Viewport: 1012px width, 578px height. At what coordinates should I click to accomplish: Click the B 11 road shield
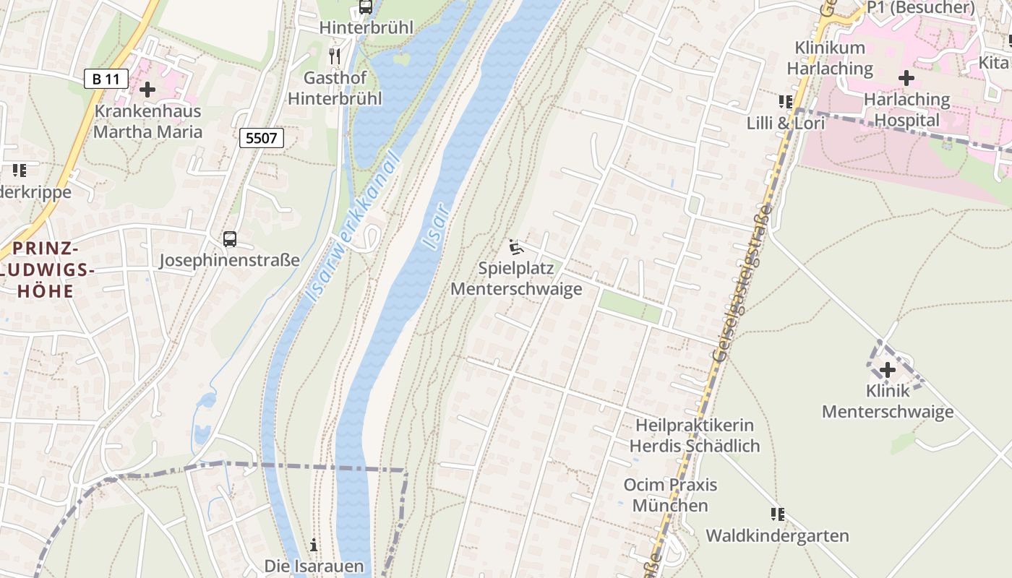coord(106,78)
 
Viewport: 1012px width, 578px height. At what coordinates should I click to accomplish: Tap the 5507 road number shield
coord(261,137)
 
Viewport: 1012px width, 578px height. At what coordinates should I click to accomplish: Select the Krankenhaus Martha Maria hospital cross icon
coord(147,90)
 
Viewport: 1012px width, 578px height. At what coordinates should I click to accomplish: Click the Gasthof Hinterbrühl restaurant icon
coord(334,55)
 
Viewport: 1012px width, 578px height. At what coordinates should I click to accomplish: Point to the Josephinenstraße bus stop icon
coord(229,238)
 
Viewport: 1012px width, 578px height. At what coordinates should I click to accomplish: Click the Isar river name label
coord(437,227)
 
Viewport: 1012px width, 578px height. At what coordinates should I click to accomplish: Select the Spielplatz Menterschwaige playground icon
coord(515,248)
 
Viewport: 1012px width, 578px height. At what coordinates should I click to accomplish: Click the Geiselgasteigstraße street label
coord(742,282)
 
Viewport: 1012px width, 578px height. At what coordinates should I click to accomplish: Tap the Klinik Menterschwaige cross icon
coord(887,370)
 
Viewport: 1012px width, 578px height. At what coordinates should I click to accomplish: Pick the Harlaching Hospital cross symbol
coord(906,78)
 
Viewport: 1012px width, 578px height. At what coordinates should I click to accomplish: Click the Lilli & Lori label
coord(786,124)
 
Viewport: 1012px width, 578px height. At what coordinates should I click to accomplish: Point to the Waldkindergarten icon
coord(777,514)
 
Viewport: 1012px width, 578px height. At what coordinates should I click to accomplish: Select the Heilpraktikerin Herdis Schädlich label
coord(695,436)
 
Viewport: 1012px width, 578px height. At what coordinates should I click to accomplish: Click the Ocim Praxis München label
coord(670,494)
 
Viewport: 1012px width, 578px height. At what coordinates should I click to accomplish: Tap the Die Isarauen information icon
coord(314,545)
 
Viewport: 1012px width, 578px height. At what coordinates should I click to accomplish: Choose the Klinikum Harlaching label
coord(830,58)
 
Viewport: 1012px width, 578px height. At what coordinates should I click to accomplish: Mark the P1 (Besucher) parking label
coord(921,7)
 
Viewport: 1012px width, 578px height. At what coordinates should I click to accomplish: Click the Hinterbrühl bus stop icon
coord(366,7)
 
